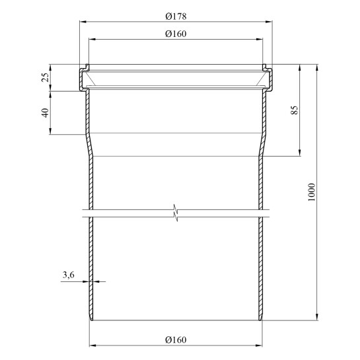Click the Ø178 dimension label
[176, 17]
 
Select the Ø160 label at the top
[176, 34]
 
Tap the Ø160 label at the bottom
[176, 340]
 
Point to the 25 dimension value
[45, 77]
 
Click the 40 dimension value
[45, 113]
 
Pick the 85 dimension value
[295, 110]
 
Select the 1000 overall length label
[311, 192]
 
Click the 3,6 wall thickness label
[69, 275]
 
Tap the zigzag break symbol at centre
[176, 213]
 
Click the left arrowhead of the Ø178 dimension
[83, 22]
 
